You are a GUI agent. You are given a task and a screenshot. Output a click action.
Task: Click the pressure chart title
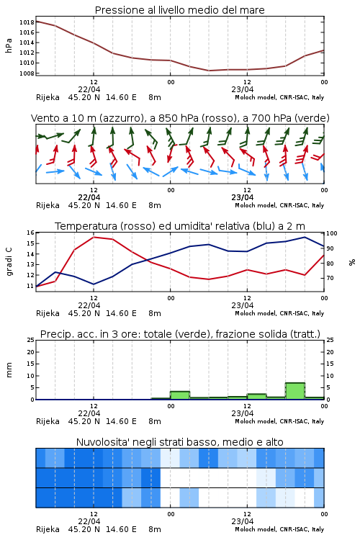point(179,10)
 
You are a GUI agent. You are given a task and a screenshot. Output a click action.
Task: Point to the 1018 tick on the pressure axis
point(27,22)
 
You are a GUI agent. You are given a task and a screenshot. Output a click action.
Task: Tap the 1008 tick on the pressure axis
point(27,73)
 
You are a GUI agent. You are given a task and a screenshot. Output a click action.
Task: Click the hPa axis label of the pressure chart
point(9,46)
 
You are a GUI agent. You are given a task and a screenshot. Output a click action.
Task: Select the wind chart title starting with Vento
point(180,118)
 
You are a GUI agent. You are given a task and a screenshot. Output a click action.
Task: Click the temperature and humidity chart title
point(180,226)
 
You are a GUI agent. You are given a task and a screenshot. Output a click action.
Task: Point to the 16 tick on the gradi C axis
point(31,233)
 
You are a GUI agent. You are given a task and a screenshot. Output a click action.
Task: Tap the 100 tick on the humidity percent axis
point(332,233)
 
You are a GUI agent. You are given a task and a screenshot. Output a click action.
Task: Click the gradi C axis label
point(9,262)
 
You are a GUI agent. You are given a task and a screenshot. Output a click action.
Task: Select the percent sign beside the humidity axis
point(352,262)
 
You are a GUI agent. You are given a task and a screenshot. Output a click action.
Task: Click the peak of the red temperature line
point(94,238)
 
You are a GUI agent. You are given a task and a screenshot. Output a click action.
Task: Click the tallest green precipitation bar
point(295,391)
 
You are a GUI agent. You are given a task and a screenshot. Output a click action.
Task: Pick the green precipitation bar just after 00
point(180,395)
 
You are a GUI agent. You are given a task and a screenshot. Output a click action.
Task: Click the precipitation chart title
point(180,334)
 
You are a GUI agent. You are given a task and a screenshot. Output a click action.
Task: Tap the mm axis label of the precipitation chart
point(9,370)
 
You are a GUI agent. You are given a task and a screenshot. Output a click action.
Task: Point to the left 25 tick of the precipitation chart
point(31,340)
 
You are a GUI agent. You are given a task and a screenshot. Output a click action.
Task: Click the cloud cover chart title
point(180,442)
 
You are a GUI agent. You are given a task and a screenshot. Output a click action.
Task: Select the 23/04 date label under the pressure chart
point(243,89)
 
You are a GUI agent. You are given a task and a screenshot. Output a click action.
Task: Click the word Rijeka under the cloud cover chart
point(48,529)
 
